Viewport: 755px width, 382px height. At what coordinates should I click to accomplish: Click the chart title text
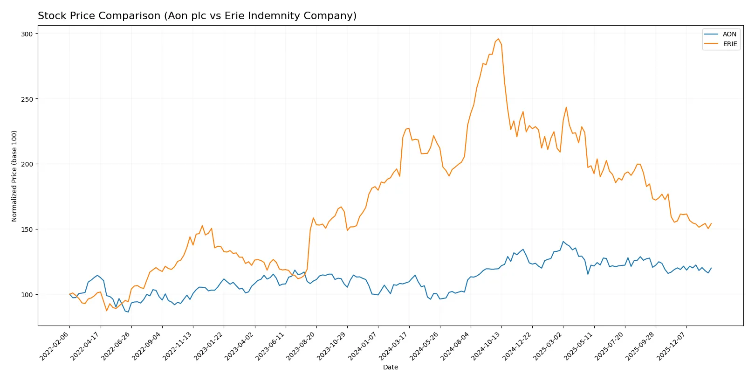coord(197,16)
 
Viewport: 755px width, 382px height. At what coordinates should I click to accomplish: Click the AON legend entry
coord(729,34)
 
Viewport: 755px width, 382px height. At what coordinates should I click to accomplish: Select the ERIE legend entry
coord(729,44)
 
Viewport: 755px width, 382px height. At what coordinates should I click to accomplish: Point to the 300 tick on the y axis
coord(27,34)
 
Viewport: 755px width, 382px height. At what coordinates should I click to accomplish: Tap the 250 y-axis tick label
coord(27,99)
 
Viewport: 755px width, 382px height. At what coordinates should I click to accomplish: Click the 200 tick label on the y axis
coord(27,164)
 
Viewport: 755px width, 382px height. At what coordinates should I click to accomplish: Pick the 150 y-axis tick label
coord(27,229)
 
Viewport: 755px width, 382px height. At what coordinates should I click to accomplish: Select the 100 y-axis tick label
coord(27,295)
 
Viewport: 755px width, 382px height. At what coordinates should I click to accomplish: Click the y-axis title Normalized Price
coord(14,176)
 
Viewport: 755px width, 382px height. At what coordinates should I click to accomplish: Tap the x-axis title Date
coord(390,367)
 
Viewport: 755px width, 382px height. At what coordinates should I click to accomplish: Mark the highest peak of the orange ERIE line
coord(498,39)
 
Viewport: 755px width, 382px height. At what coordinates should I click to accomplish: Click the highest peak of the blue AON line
coord(563,242)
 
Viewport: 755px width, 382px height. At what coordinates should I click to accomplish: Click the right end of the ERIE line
coord(711,223)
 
